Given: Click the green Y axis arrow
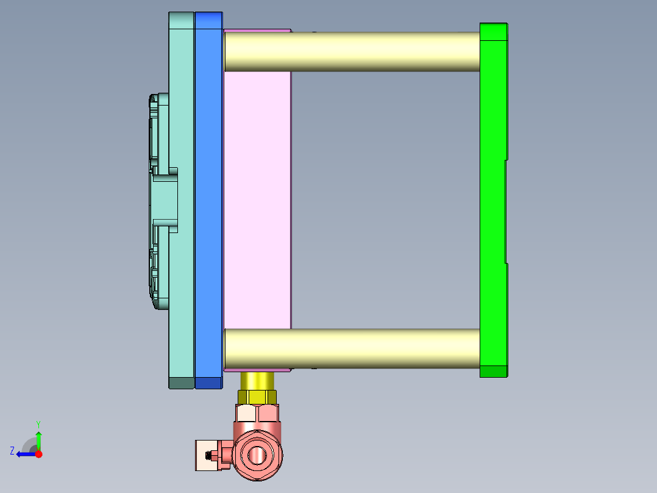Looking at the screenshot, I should (38, 439).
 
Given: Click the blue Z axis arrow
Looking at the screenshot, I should (25, 454).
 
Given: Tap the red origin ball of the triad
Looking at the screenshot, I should (38, 454).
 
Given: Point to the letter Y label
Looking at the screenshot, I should (38, 423).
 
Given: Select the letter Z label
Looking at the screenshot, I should (12, 451).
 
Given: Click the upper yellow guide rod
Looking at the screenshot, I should (352, 51).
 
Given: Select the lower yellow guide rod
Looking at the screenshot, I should (352, 348).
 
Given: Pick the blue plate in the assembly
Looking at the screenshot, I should (208, 195).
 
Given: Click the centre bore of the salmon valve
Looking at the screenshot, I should (258, 455).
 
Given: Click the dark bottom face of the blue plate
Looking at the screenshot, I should (208, 383).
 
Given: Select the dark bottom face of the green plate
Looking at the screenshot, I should (493, 371).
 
